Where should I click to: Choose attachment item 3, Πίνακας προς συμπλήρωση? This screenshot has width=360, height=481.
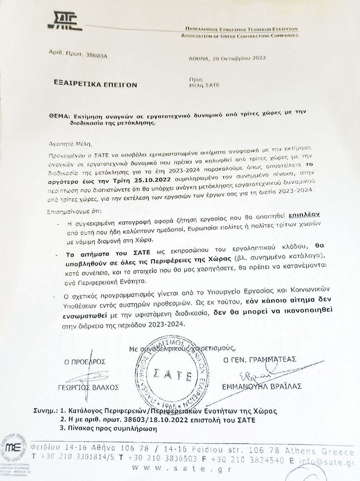[x=108, y=429]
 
